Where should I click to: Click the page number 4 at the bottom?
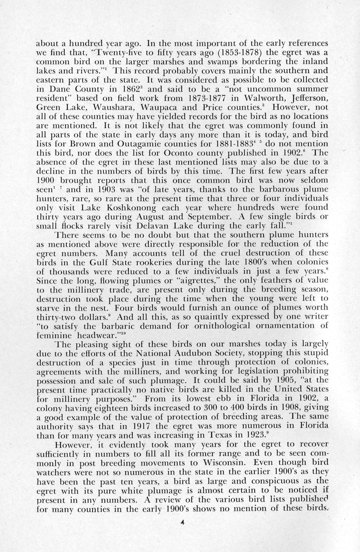point(182,522)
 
